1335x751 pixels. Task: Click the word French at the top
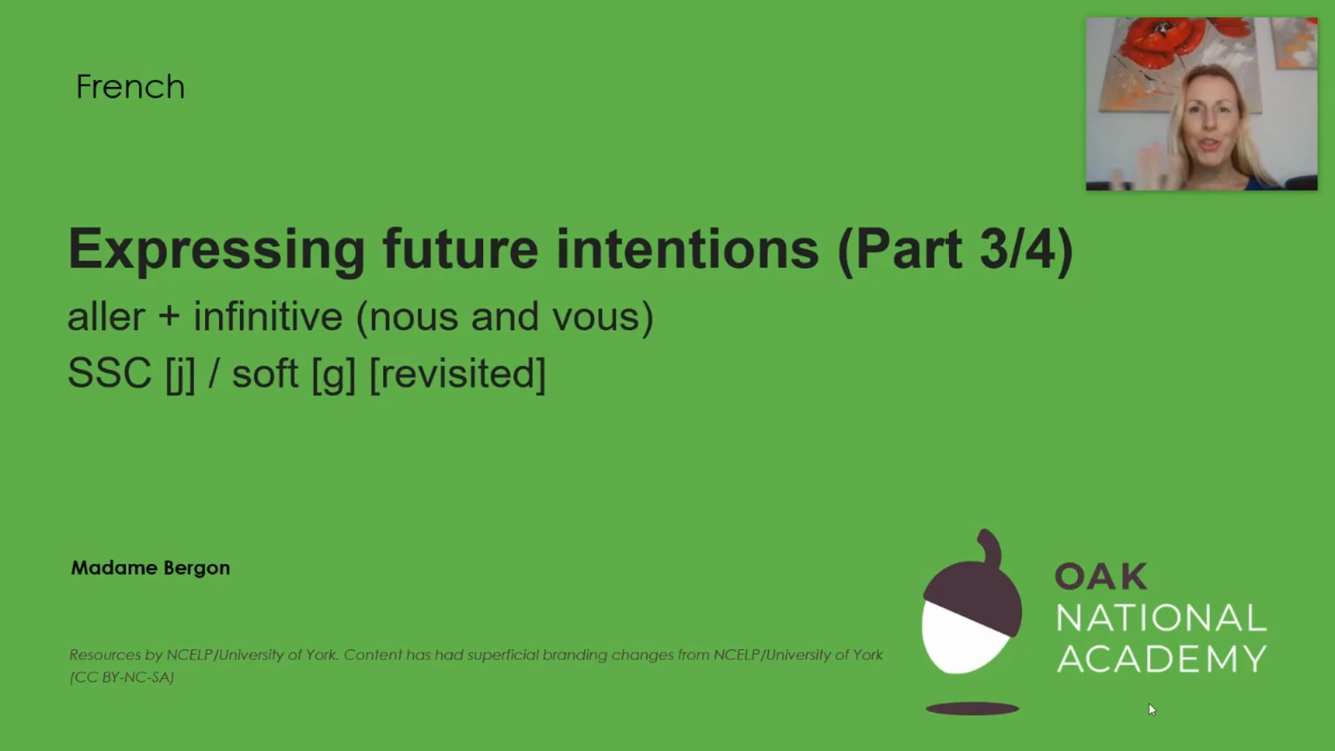(130, 88)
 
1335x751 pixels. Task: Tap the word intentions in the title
(687, 249)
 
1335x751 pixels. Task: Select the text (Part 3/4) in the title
(956, 249)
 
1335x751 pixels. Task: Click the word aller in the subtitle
(106, 318)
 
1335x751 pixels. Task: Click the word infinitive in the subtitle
(268, 318)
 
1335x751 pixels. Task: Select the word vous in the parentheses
(595, 318)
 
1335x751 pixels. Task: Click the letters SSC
(109, 373)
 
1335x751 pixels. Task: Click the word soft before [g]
(265, 373)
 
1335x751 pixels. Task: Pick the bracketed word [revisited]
(458, 374)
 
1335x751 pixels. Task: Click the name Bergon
(197, 568)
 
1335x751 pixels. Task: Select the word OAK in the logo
(1101, 576)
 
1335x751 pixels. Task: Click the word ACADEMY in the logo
(1161, 659)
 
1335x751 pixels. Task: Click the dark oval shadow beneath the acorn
(972, 709)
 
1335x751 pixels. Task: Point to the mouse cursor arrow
(1151, 709)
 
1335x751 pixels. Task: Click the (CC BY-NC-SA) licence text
(122, 677)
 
